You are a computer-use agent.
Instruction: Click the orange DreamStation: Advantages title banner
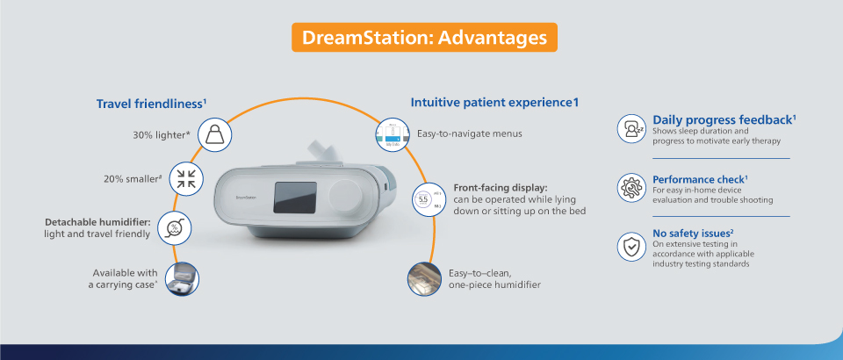pos(424,38)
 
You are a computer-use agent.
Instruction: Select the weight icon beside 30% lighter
pos(215,134)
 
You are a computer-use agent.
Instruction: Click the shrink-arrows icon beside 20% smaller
pos(186,178)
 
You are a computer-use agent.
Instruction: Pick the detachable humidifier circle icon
pos(175,228)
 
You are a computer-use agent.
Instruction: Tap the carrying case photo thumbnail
pos(182,279)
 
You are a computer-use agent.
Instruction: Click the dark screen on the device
pos(295,198)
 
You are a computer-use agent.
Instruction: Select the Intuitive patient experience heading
pos(494,102)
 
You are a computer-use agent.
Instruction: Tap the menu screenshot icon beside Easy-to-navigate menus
pos(392,133)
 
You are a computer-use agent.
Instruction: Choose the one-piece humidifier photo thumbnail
pos(424,279)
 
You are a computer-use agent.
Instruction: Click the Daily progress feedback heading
pos(724,119)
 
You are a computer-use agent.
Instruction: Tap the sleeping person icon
pos(631,128)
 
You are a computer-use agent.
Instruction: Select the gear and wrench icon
pos(631,188)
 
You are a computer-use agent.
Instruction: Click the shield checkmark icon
pos(631,247)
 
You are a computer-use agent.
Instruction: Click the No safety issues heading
pos(693,234)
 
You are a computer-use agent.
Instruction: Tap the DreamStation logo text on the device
pos(246,198)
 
